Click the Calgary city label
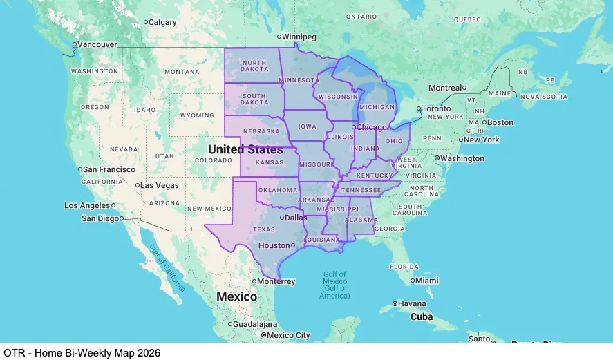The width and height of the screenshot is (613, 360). pos(163,22)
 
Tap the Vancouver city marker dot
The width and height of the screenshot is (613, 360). pos(74,44)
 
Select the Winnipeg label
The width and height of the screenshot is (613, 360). pos(299,36)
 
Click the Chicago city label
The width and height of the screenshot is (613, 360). pos(372,127)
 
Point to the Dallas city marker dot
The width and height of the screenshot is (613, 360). pos(281,217)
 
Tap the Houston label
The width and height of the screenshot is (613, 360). pos(273,245)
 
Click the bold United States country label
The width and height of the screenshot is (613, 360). pos(245,149)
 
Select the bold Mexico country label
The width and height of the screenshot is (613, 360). pos(236,296)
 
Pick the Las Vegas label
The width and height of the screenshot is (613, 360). pos(160,185)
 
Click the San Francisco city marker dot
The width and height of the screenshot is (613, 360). pos(81,169)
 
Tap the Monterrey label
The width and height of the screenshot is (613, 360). pos(277,281)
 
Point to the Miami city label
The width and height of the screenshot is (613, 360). pos(427,281)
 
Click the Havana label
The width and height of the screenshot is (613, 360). pos(413,303)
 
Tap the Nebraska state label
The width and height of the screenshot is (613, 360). pos(261,131)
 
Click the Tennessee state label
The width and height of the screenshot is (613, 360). pos(360,190)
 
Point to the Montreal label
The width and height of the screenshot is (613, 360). pos(444,88)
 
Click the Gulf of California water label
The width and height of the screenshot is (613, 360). pos(167,269)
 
